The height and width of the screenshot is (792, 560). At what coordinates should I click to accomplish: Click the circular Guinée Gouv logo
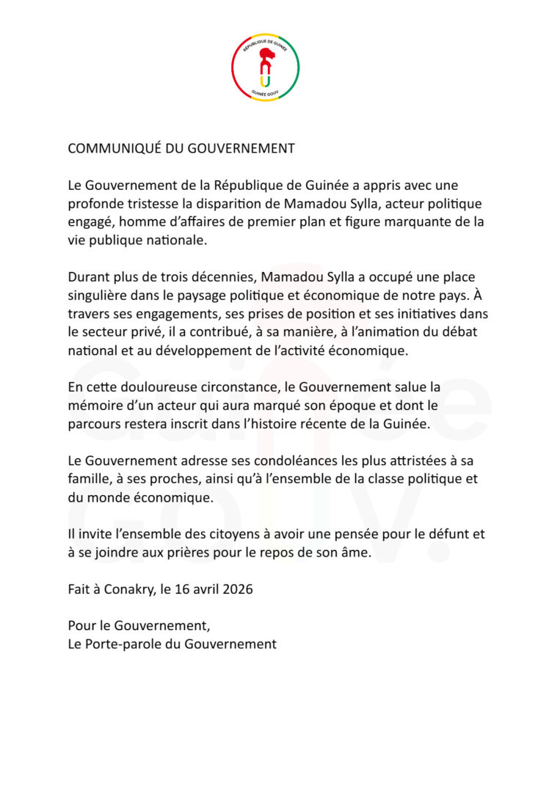click(266, 67)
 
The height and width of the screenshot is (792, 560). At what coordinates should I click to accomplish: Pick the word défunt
click(437, 535)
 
